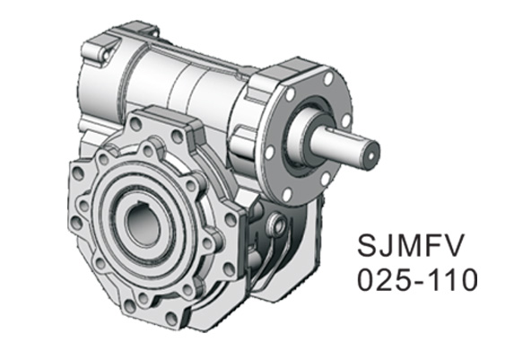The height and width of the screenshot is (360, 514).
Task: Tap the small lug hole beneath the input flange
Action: (x=278, y=220)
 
